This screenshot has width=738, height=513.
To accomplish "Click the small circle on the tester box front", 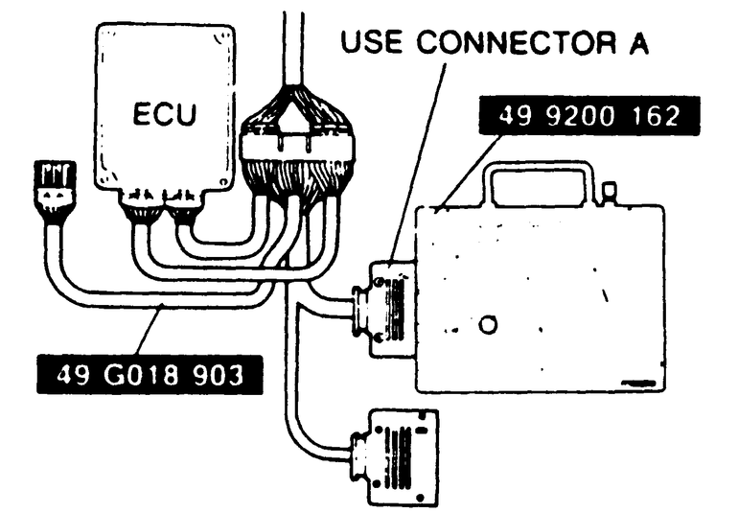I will [x=489, y=326].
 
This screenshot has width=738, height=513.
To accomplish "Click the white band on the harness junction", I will [x=296, y=146].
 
